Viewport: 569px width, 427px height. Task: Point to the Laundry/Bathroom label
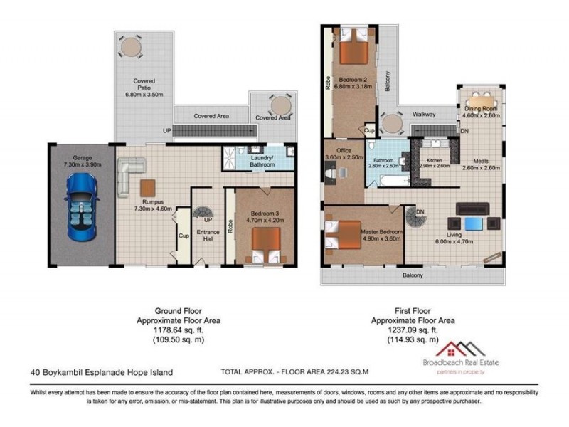[262, 162]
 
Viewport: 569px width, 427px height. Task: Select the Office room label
[344, 150]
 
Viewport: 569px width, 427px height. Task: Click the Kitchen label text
[432, 160]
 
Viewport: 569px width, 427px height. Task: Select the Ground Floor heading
[178, 310]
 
